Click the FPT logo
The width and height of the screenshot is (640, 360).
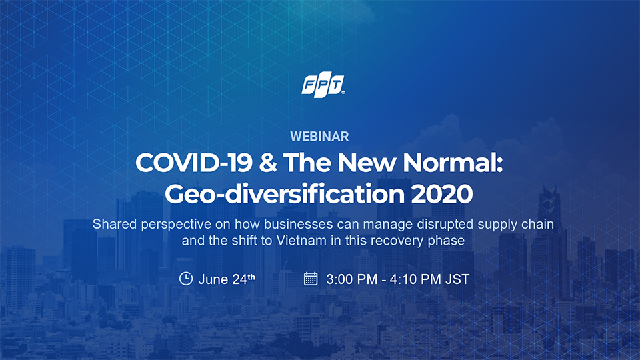[323, 85]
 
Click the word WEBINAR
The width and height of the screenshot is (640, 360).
[319, 136]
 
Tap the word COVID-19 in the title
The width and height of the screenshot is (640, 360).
[194, 163]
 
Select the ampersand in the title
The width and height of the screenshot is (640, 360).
[267, 163]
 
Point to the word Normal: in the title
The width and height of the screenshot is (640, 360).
[453, 163]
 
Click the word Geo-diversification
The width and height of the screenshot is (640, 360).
[285, 194]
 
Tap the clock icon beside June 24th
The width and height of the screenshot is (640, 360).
[186, 279]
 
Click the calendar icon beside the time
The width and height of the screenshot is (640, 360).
[311, 279]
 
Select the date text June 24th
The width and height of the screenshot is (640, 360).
[227, 279]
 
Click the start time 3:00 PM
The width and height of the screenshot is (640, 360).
[352, 279]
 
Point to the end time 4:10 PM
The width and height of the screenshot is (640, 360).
[415, 279]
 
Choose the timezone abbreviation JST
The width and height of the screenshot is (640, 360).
[457, 279]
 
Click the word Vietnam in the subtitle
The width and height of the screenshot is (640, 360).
[301, 241]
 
